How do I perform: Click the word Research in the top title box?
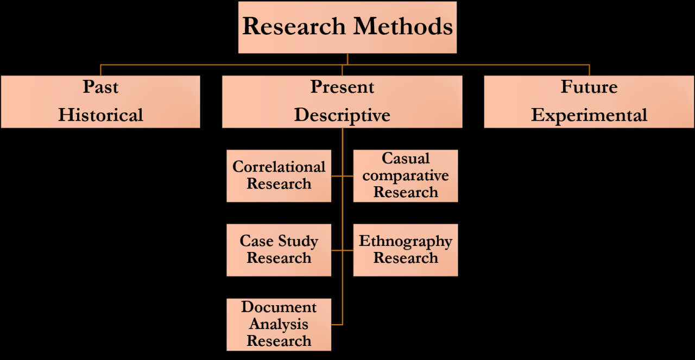click(294, 26)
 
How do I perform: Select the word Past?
click(100, 87)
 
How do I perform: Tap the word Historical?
click(100, 115)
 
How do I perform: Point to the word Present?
click(342, 87)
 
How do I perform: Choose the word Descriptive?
click(342, 115)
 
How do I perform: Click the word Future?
click(589, 87)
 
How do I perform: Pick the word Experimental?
click(589, 115)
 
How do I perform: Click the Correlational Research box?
click(279, 175)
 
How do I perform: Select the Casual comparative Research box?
click(406, 175)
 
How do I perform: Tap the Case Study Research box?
click(279, 250)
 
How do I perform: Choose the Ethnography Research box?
click(406, 250)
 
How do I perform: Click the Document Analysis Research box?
click(279, 324)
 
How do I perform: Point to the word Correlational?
click(279, 167)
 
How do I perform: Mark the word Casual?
click(406, 159)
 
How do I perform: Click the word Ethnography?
click(406, 241)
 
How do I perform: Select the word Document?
click(279, 307)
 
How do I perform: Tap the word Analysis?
click(279, 324)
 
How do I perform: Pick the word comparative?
click(406, 175)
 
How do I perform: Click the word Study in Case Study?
click(298, 241)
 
